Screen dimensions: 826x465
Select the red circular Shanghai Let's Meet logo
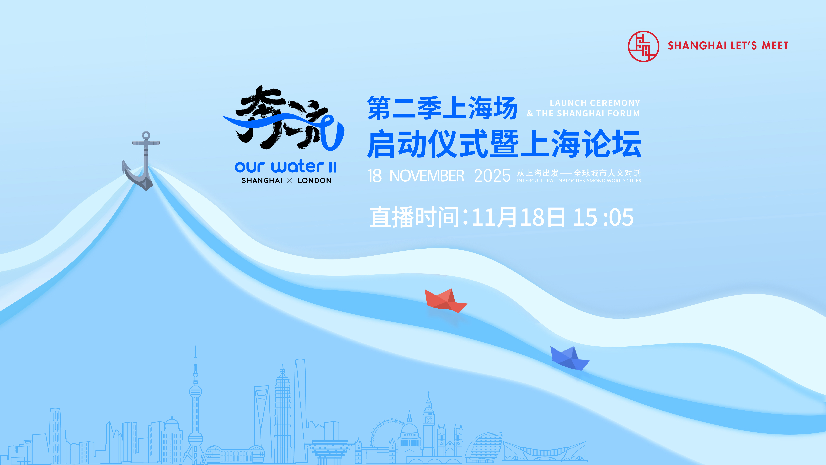click(643, 46)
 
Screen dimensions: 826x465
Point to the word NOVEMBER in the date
click(427, 176)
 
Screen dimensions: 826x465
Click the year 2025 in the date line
click(492, 176)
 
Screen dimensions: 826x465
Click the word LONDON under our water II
click(314, 181)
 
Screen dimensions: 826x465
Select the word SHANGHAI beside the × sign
click(262, 181)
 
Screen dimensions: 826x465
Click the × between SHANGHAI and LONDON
click(290, 181)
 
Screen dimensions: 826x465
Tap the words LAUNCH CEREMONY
click(595, 103)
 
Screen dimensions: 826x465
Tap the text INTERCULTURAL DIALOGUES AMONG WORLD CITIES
click(579, 181)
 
